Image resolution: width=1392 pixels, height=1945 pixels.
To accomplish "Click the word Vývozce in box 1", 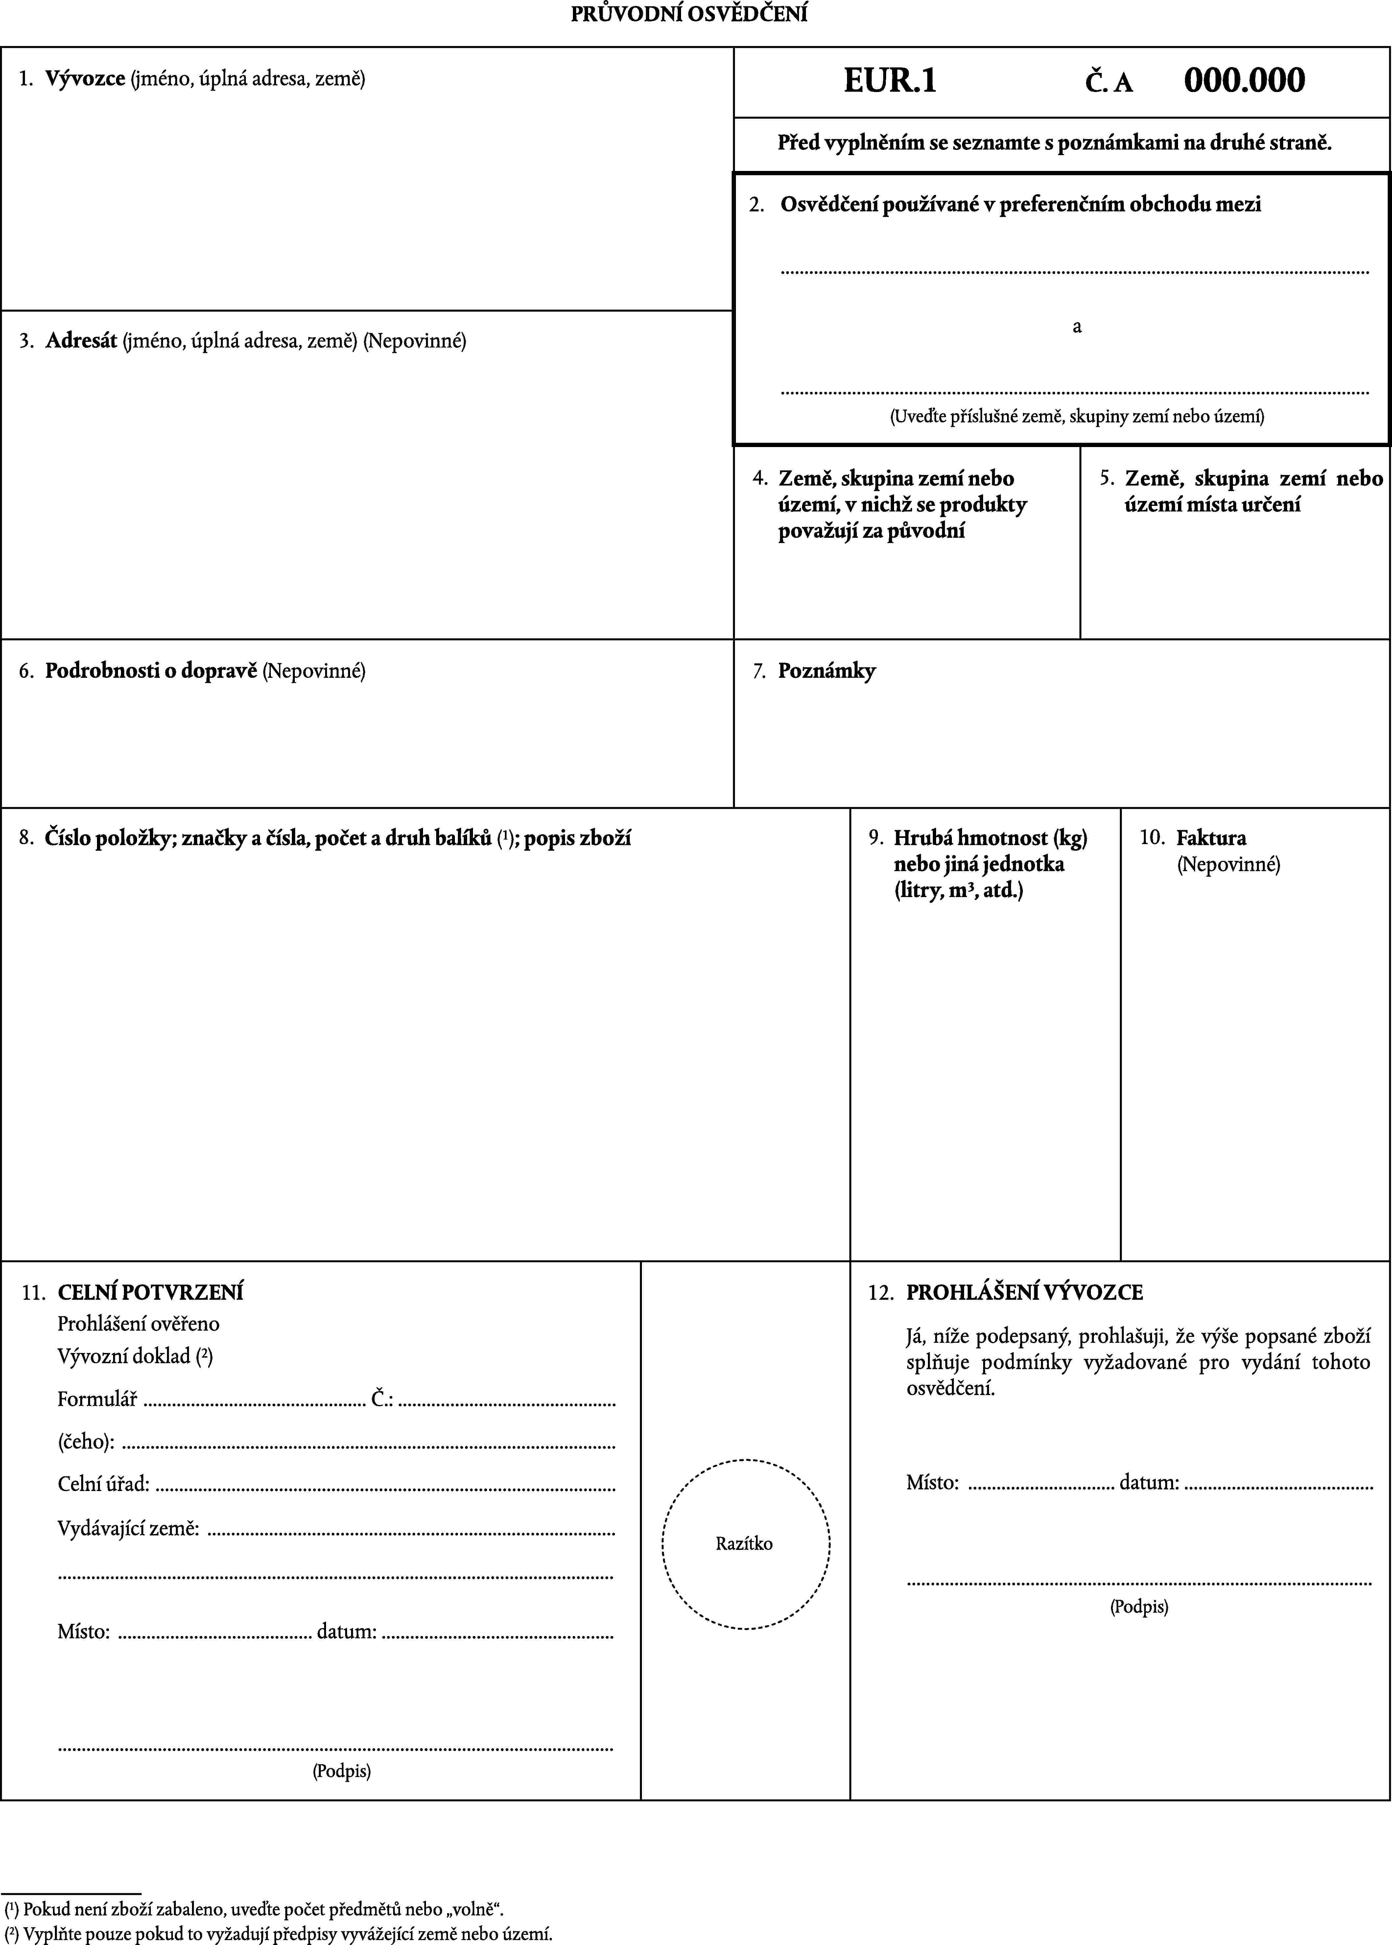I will click(x=85, y=79).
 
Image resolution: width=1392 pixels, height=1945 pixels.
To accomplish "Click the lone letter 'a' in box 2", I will click(x=1076, y=327).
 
